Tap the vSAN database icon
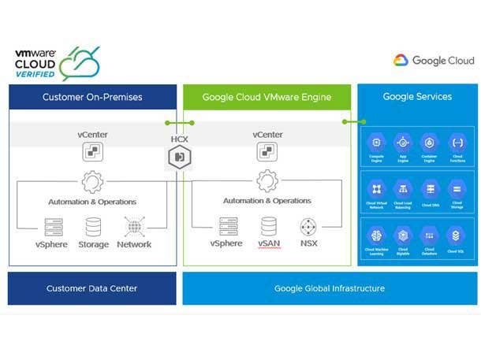[269, 227]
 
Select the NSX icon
[308, 227]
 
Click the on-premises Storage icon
[93, 227]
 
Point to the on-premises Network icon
[133, 227]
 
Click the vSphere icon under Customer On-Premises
[53, 227]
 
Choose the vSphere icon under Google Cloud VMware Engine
[227, 227]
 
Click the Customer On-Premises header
[92, 97]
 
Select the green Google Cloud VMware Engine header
[267, 97]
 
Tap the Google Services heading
[417, 97]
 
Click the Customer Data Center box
[91, 288]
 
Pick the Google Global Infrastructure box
[330, 288]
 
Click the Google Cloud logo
[434, 61]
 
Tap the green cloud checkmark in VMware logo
[79, 63]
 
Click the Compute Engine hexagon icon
[377, 143]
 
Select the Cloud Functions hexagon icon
[457, 143]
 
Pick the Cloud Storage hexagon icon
[457, 188]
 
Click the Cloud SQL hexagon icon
[457, 234]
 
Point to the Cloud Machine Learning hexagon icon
[377, 234]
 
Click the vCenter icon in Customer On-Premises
[93, 151]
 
